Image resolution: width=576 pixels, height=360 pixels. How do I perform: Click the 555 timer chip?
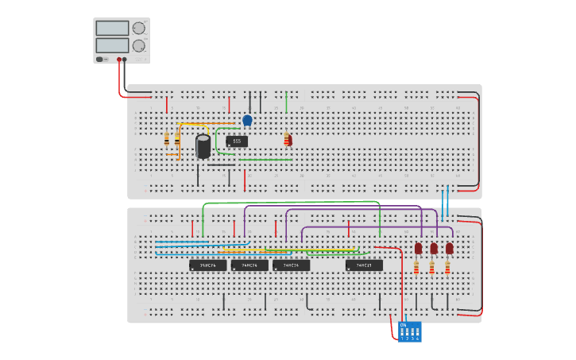[x=237, y=141]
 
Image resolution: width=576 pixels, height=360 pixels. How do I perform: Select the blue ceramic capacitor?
[x=247, y=120]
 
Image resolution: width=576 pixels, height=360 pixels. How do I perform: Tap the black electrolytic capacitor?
[x=203, y=146]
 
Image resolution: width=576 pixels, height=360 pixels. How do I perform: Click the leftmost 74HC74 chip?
[x=207, y=265]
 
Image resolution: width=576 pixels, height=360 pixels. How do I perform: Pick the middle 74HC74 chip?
[x=249, y=265]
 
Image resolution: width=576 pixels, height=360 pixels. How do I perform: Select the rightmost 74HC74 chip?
[x=291, y=265]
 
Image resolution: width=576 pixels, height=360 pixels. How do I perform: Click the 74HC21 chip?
[x=364, y=265]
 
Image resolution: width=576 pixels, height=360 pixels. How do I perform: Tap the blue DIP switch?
[x=410, y=331]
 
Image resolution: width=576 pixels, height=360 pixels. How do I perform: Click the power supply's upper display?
[x=112, y=28]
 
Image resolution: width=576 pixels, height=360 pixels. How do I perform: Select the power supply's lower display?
[x=112, y=45]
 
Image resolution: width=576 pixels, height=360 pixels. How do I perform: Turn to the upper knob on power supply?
[x=139, y=28]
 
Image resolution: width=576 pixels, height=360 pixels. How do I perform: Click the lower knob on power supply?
[x=139, y=45]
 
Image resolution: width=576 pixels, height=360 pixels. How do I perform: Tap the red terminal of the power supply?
[x=119, y=59]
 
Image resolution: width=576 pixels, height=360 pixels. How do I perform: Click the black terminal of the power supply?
[x=125, y=59]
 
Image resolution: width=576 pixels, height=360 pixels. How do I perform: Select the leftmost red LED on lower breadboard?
[x=418, y=248]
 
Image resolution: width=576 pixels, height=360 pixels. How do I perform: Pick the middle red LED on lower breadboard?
[x=434, y=248]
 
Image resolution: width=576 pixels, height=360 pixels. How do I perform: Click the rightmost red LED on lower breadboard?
[x=449, y=248]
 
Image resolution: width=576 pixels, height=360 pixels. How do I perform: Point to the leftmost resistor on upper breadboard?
[x=167, y=140]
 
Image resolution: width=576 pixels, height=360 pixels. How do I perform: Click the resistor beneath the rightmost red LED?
[x=447, y=268]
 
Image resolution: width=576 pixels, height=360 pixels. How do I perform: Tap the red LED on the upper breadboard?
[x=289, y=140]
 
